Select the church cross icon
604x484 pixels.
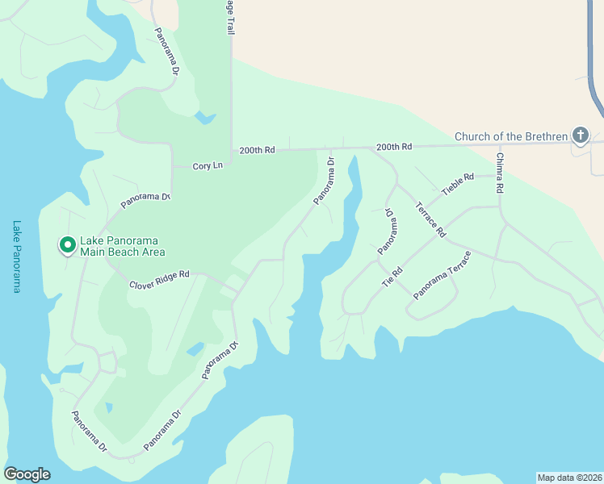point(579,136)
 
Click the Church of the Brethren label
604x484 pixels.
point(511,136)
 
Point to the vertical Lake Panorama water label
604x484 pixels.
point(16,256)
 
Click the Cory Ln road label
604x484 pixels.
point(208,165)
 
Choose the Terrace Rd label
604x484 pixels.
point(430,218)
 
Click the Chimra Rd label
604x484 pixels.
point(500,173)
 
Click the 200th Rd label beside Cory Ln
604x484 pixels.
point(258,150)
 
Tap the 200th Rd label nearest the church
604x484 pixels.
point(394,147)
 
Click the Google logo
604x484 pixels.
point(27,474)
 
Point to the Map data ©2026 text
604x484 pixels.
point(569,477)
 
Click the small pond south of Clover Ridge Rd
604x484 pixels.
point(195,349)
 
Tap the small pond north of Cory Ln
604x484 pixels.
point(206,119)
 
